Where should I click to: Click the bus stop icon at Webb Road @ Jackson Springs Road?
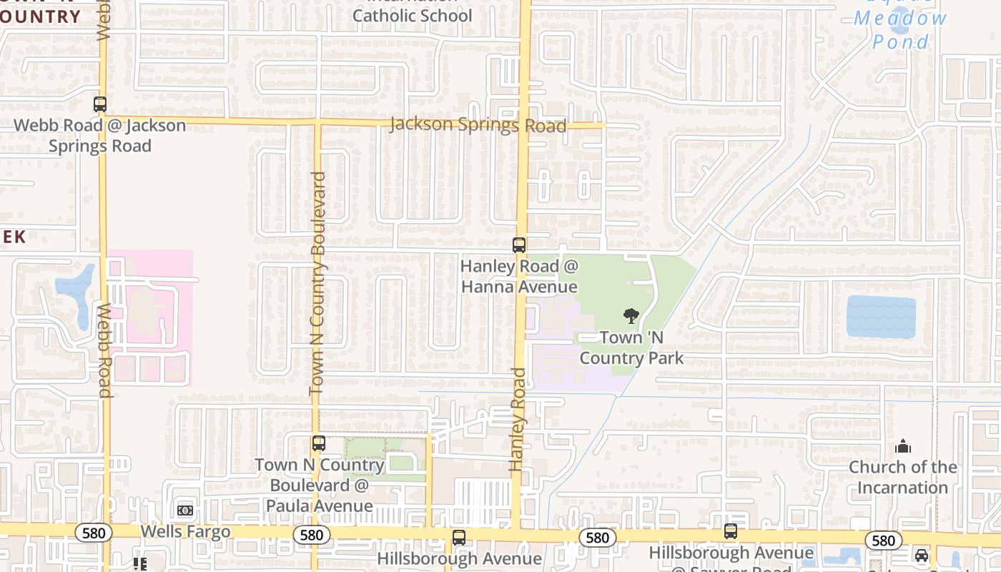[x=100, y=104]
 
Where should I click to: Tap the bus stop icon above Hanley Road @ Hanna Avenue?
[x=519, y=245]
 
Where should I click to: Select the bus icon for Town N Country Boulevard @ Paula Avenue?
[x=319, y=443]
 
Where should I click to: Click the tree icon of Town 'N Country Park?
[x=631, y=315]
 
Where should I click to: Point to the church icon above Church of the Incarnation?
[x=903, y=447]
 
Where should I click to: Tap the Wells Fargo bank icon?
[x=185, y=511]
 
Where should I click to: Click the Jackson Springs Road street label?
[x=478, y=125]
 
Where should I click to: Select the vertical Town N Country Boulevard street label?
[x=318, y=283]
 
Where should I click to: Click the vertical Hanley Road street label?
[x=517, y=420]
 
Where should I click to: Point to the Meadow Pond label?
[x=901, y=29]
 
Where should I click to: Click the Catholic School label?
[x=413, y=15]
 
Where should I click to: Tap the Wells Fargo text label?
[x=185, y=531]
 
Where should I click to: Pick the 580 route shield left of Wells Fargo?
[x=93, y=533]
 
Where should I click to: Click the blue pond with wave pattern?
[x=881, y=317]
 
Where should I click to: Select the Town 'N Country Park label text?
[x=631, y=347]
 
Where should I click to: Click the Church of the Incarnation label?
[x=902, y=477]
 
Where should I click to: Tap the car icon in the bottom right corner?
[x=922, y=556]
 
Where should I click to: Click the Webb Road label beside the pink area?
[x=104, y=350]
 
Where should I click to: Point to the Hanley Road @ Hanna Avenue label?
[x=519, y=277]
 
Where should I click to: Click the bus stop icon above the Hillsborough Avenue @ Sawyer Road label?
[x=730, y=531]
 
